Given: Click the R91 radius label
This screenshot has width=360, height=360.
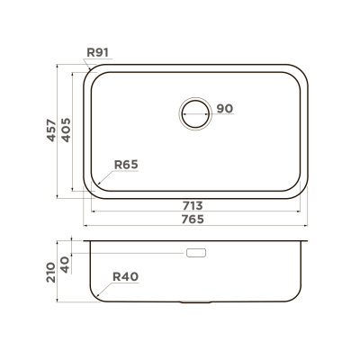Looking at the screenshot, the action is (x=97, y=52).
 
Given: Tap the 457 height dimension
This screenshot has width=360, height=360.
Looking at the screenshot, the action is (x=51, y=130).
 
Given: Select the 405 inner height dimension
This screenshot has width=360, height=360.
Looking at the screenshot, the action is (x=66, y=130).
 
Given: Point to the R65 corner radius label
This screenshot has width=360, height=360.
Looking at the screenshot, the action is (x=126, y=165).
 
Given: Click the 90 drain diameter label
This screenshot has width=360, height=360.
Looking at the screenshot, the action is (x=225, y=109).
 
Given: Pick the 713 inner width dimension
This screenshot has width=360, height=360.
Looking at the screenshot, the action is (x=193, y=206).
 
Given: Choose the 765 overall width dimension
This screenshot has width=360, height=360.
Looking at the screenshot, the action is (x=193, y=220).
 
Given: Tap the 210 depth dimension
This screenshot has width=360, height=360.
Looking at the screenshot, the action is (x=51, y=272).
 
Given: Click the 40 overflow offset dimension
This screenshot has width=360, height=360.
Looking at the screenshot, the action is (x=66, y=265).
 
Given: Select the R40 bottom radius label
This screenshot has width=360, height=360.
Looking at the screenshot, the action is (x=125, y=276).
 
